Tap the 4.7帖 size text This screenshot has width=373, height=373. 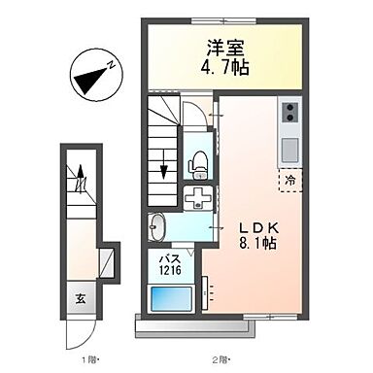click(x=222, y=68)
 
